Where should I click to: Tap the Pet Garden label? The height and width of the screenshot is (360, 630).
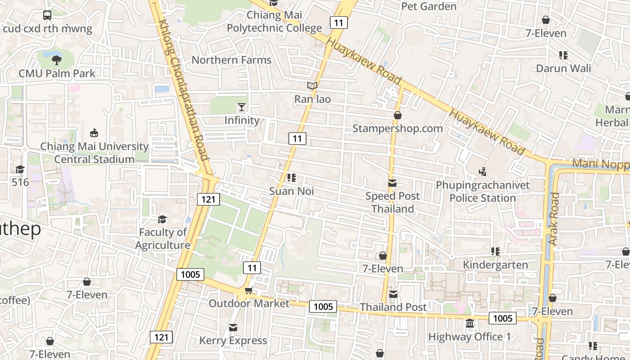click(x=428, y=6)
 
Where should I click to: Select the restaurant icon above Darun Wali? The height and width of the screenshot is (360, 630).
click(x=563, y=55)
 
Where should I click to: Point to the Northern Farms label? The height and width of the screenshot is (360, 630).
click(x=231, y=60)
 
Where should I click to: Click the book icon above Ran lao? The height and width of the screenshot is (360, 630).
click(x=312, y=85)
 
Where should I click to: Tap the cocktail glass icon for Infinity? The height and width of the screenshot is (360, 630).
click(x=242, y=107)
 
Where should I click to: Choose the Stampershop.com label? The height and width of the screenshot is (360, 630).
click(x=397, y=128)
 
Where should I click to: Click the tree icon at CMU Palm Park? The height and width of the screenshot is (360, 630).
click(x=57, y=60)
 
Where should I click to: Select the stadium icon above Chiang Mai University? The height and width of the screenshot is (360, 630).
click(x=94, y=133)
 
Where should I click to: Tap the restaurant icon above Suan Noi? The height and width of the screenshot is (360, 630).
click(x=291, y=178)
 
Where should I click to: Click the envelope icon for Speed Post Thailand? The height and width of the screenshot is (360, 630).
click(x=392, y=183)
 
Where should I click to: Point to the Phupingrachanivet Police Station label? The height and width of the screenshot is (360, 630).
click(x=482, y=192)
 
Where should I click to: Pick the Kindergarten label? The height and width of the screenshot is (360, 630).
click(x=495, y=265)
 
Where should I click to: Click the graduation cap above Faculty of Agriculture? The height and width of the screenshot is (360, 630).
click(x=162, y=219)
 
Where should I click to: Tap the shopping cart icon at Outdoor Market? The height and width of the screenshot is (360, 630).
click(x=248, y=291)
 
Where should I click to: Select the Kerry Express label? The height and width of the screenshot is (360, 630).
click(x=233, y=341)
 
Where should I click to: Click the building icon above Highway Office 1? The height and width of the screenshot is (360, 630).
click(x=469, y=324)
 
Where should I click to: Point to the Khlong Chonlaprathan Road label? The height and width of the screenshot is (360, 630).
click(x=184, y=90)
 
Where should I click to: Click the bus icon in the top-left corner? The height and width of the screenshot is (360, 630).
click(x=47, y=15)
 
